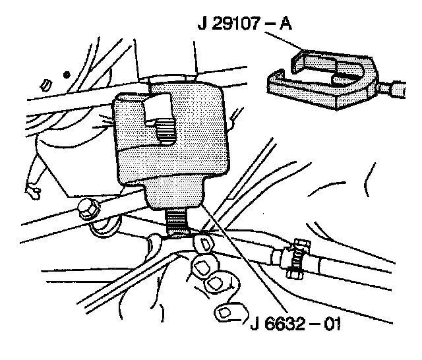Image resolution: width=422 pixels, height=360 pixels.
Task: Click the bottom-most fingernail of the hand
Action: tap(227, 312)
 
